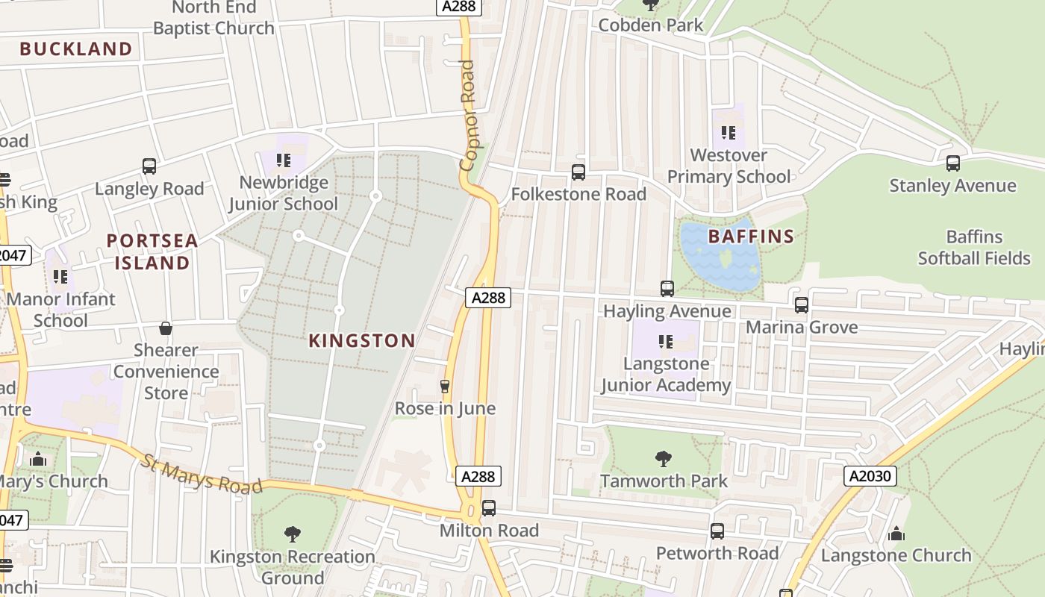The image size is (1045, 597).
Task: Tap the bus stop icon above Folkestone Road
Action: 578,172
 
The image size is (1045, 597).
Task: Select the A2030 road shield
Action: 870,476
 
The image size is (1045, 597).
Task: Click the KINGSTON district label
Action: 362,341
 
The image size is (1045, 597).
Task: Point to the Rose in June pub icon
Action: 445,386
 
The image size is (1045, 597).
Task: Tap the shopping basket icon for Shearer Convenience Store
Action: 166,328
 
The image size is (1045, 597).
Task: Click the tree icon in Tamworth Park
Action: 663,458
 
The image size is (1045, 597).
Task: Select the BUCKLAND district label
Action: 76,49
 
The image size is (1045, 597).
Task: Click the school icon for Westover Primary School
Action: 729,134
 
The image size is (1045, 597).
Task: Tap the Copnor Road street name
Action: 468,116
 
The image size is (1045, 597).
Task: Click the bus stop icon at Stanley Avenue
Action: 952,163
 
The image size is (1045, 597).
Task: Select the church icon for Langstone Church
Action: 896,534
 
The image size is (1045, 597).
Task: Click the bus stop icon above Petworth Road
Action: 717,531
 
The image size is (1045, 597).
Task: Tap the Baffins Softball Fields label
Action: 974,248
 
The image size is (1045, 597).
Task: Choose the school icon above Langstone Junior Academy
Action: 666,342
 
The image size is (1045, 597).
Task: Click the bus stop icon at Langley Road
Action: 149,166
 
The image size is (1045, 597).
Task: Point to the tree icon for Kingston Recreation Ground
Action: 293,534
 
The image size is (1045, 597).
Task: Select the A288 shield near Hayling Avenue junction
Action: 489,298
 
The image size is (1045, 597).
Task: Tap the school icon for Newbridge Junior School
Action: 283,160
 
